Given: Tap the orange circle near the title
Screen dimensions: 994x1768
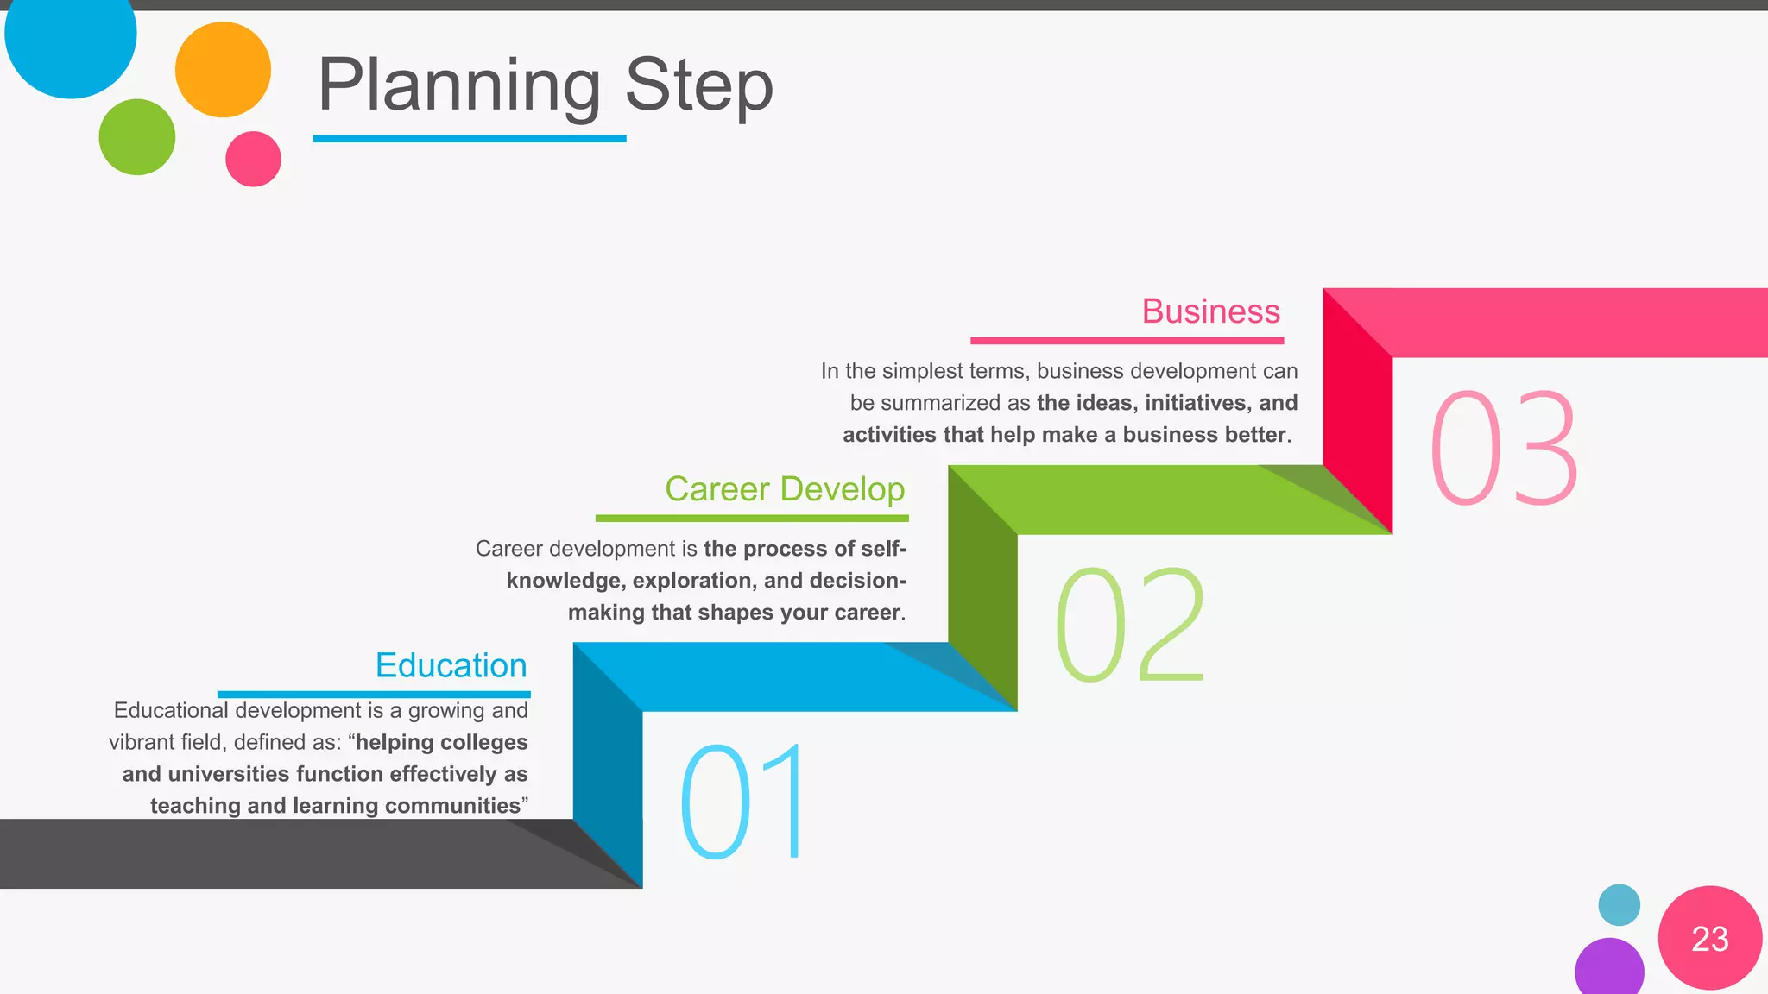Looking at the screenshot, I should [x=223, y=70].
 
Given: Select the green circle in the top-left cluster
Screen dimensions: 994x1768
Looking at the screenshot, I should [x=137, y=137].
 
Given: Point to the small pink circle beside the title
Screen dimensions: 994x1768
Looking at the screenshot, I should [x=253, y=159].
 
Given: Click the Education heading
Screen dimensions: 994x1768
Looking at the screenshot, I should [x=451, y=666].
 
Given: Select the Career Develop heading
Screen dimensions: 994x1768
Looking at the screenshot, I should [x=784, y=489].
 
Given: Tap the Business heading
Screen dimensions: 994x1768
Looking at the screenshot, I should [x=1210, y=311].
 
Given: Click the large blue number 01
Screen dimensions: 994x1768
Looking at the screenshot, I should [x=742, y=802].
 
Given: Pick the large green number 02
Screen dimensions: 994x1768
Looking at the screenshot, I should [x=1128, y=625].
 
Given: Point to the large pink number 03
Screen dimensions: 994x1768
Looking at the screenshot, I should [x=1503, y=448].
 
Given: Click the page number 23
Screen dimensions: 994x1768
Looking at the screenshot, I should [x=1709, y=939].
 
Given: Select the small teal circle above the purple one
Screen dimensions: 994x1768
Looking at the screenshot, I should [x=1619, y=905].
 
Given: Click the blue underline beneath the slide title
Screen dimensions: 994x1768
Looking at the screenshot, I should [x=469, y=138].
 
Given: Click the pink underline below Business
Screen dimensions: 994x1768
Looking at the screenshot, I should [x=1127, y=341].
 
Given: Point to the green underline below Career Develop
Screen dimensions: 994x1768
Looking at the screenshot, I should [x=751, y=519].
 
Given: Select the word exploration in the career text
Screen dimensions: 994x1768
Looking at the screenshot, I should [x=694, y=581].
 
